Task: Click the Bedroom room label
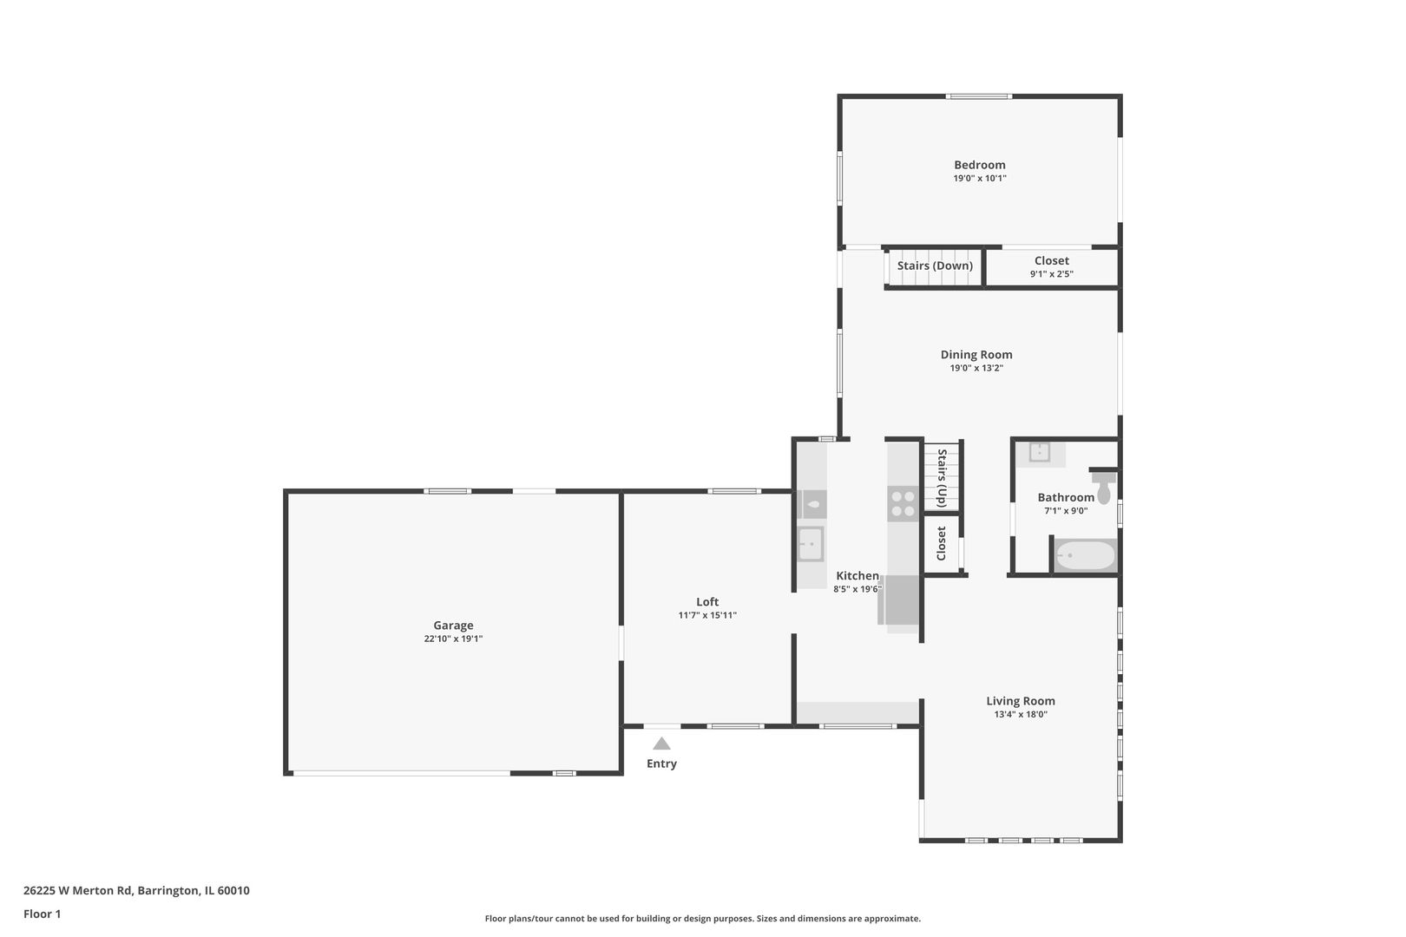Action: pyautogui.click(x=979, y=165)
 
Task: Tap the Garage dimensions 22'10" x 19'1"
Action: pyautogui.click(x=453, y=639)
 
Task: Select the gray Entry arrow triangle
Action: pyautogui.click(x=661, y=744)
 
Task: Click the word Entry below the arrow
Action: pyautogui.click(x=661, y=763)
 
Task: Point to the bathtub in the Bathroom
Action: pyautogui.click(x=1085, y=555)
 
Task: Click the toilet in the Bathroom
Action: pyautogui.click(x=1104, y=489)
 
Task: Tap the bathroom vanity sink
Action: pyautogui.click(x=1039, y=452)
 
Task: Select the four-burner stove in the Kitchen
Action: pyautogui.click(x=903, y=504)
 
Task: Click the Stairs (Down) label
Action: pyautogui.click(x=935, y=265)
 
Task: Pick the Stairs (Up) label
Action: pyautogui.click(x=942, y=477)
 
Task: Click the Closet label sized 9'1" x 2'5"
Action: pyautogui.click(x=1051, y=260)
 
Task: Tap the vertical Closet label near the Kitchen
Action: pyautogui.click(x=942, y=543)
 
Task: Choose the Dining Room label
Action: pyautogui.click(x=976, y=354)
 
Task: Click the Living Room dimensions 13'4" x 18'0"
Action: pyautogui.click(x=1021, y=715)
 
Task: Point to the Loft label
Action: pyautogui.click(x=707, y=601)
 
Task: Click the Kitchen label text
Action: pyautogui.click(x=857, y=576)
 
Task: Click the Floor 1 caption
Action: pyautogui.click(x=42, y=914)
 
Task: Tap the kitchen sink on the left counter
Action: pyautogui.click(x=811, y=544)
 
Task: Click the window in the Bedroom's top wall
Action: pyautogui.click(x=978, y=96)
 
